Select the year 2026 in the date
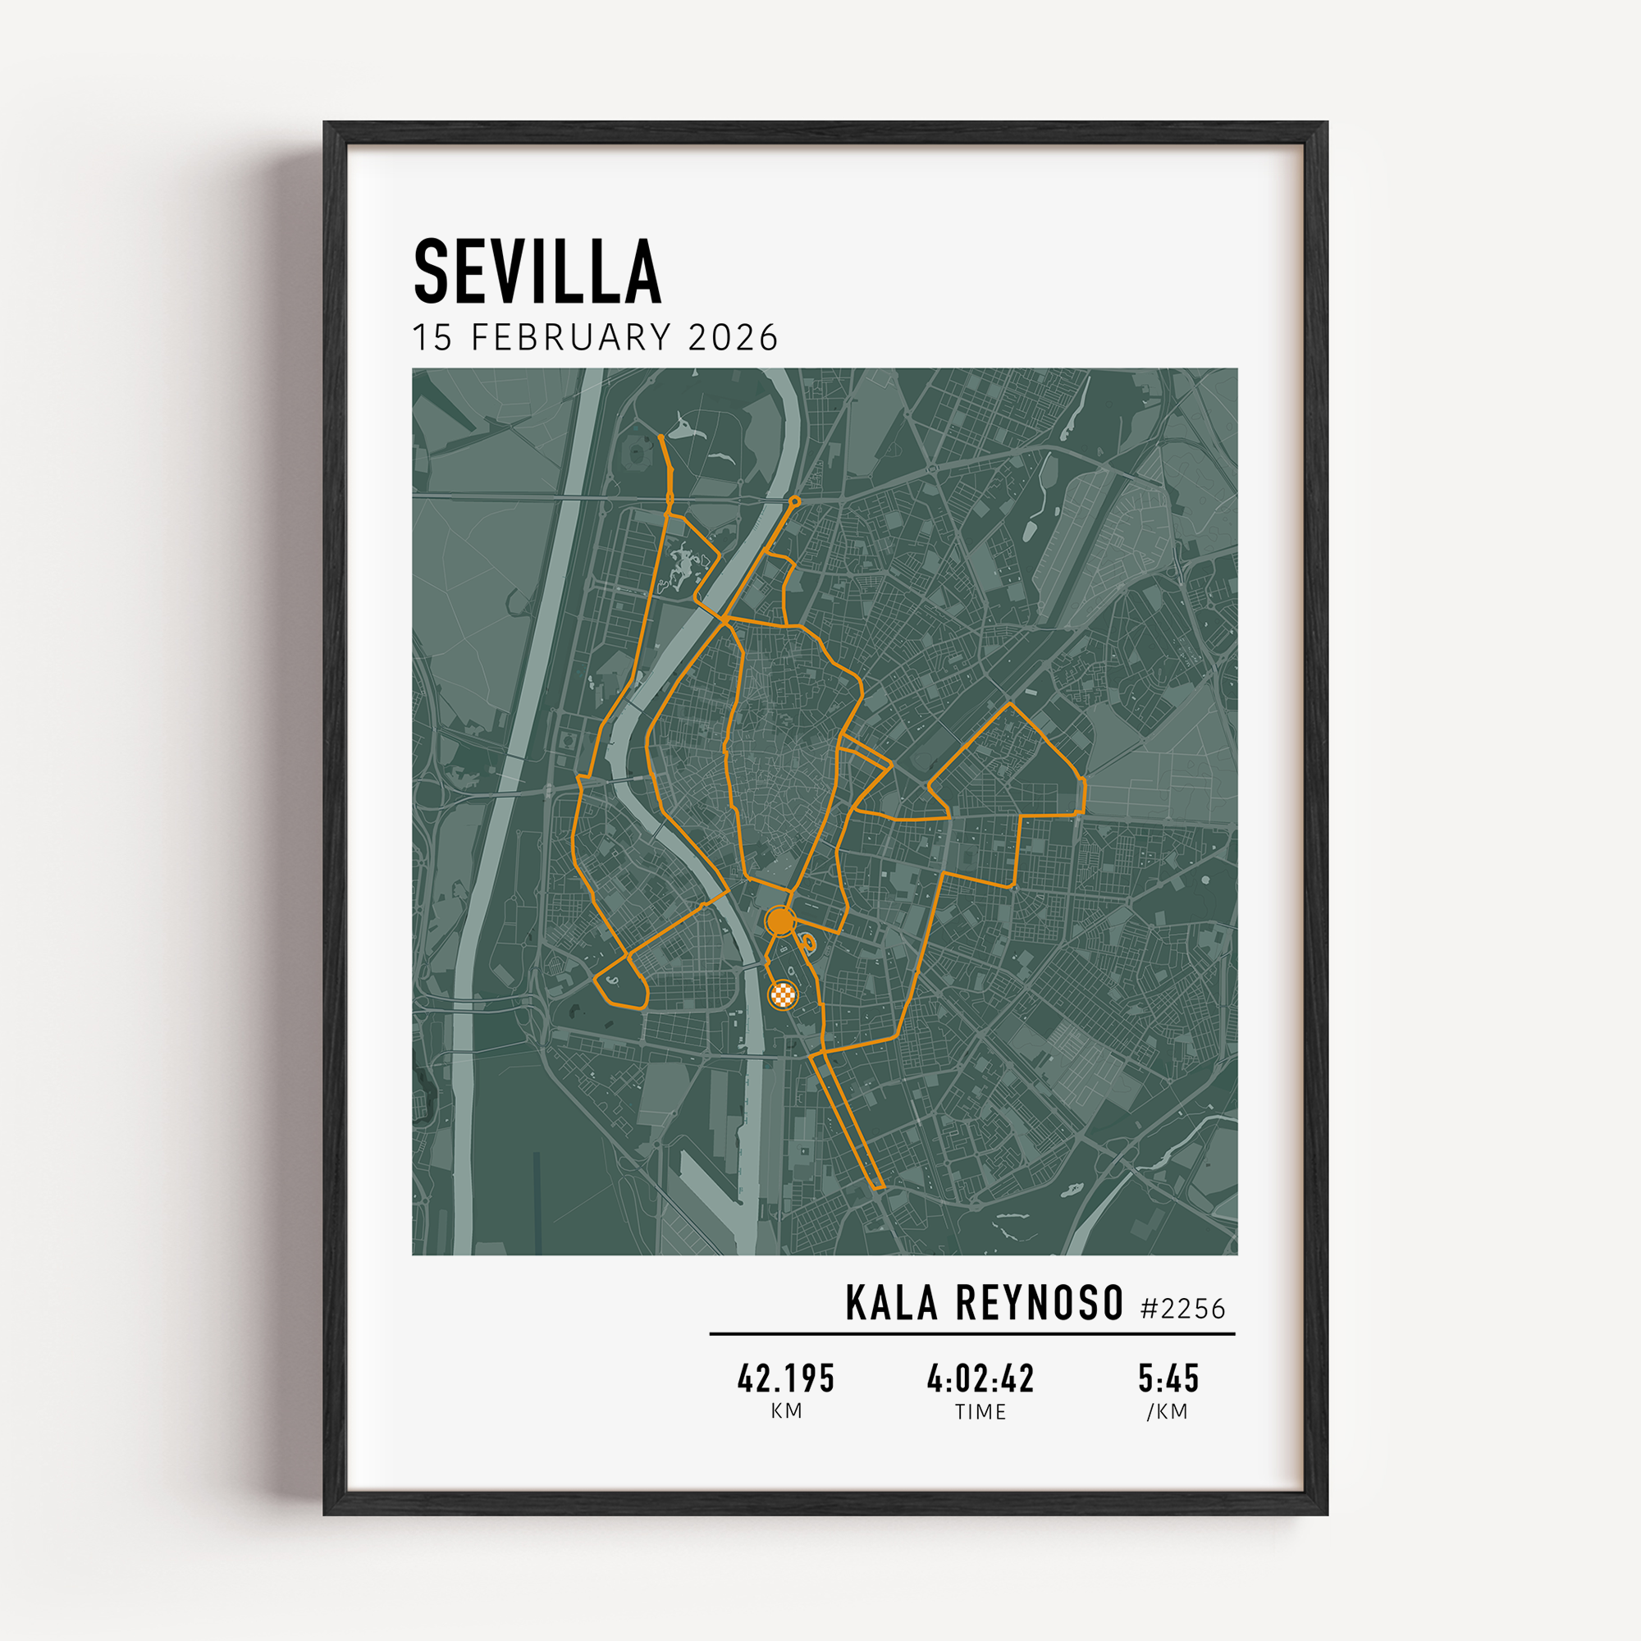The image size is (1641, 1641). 733,338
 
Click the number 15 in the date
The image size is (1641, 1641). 432,338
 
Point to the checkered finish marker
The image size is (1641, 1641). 783,994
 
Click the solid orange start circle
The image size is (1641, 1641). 779,920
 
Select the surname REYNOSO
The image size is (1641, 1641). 1039,1304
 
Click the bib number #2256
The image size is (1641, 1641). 1182,1309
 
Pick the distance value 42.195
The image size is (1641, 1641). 786,1378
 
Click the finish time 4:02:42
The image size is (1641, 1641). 980,1378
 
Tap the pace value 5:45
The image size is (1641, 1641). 1168,1378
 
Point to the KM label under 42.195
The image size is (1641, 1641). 786,1410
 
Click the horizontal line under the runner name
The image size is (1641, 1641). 971,1333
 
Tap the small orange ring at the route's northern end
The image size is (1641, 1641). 795,502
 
